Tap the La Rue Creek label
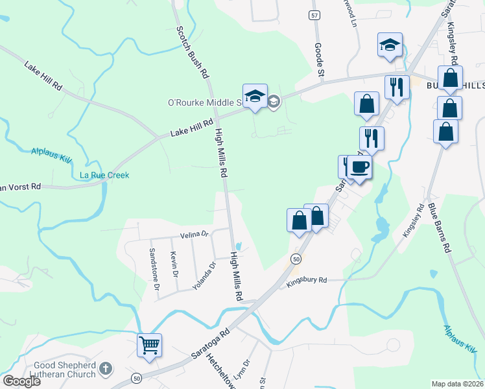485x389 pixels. pyautogui.click(x=104, y=175)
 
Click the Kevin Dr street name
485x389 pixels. pyautogui.click(x=174, y=265)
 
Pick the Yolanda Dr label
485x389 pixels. pyautogui.click(x=203, y=276)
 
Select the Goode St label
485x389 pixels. pyautogui.click(x=318, y=60)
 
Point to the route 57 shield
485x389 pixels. pyautogui.click(x=314, y=15)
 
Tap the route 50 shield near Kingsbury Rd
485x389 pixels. pyautogui.click(x=296, y=259)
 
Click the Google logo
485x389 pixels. pyautogui.click(x=21, y=381)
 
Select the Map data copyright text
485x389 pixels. pyautogui.click(x=458, y=383)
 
